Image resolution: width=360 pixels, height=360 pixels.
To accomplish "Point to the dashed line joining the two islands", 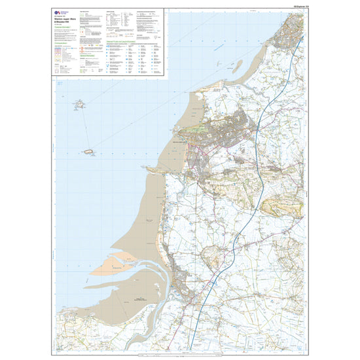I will [x=84, y=128].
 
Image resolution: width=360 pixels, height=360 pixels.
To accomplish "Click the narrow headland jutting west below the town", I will [x=157, y=170].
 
